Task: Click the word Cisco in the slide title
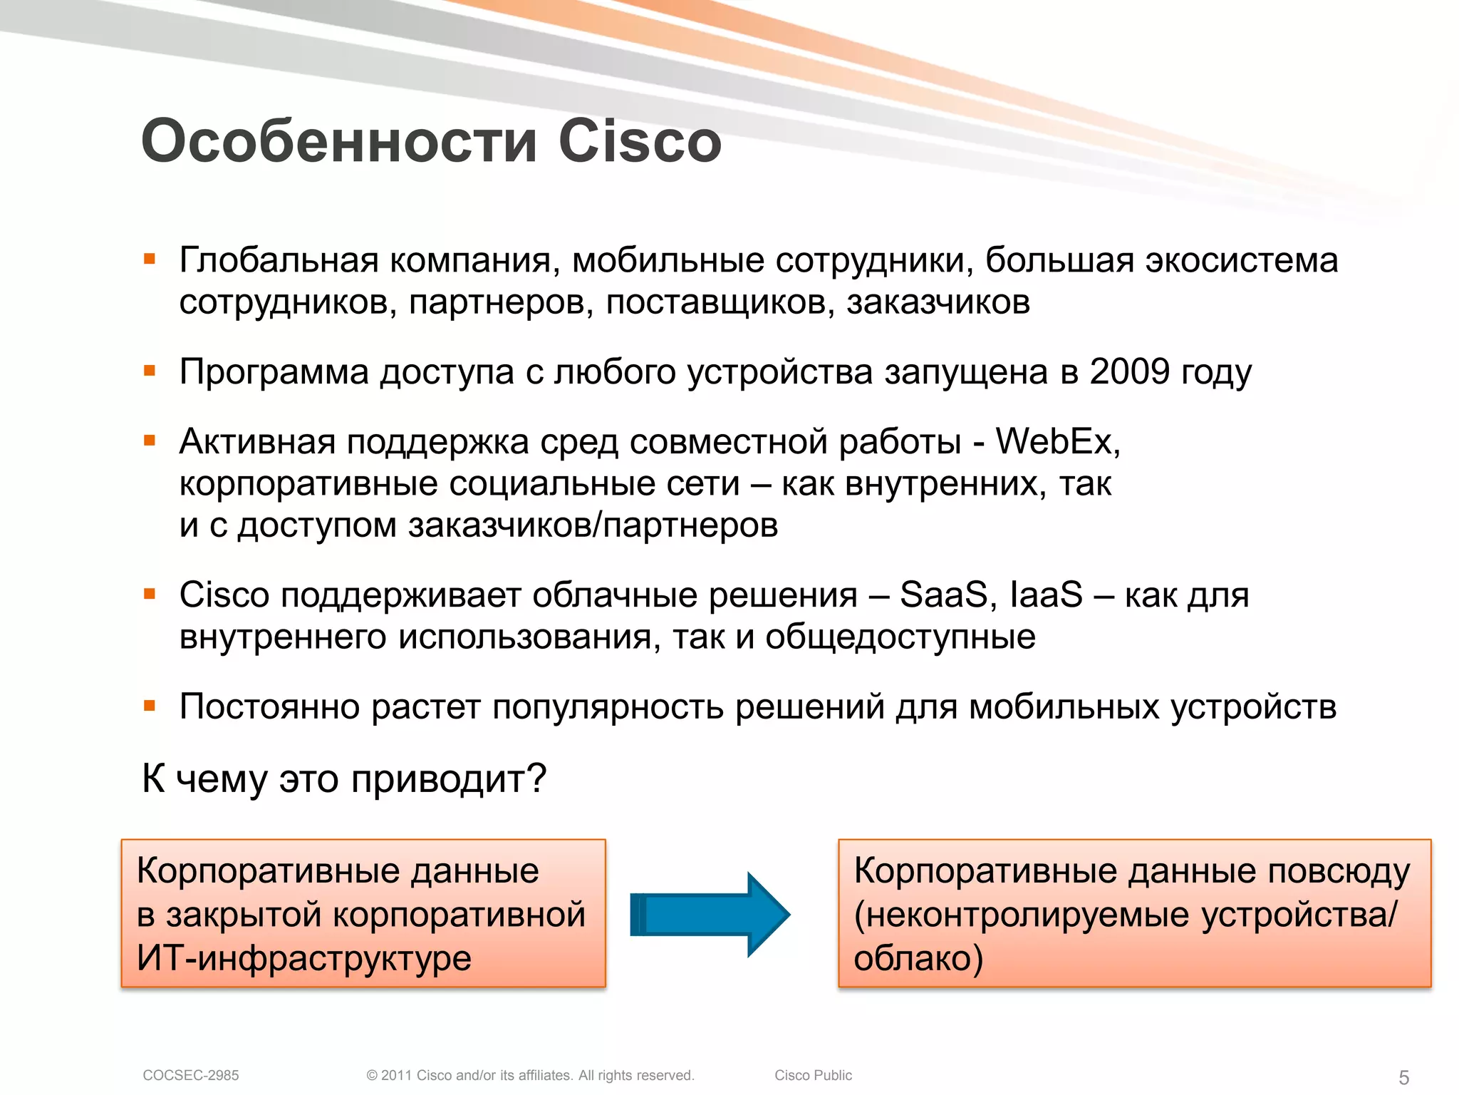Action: (x=639, y=141)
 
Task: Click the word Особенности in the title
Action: (x=339, y=141)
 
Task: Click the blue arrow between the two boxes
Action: (x=710, y=914)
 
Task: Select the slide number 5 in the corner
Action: (x=1403, y=1077)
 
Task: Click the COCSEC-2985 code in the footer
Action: (x=191, y=1075)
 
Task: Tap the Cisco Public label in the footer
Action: (x=813, y=1075)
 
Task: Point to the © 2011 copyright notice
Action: (x=530, y=1075)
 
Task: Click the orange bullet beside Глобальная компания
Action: (x=150, y=259)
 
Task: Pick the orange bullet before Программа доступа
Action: (x=150, y=371)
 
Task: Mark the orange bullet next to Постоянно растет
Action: (x=150, y=706)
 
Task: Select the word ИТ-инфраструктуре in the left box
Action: (x=304, y=957)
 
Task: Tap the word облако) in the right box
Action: (x=918, y=957)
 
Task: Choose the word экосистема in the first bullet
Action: (x=1241, y=259)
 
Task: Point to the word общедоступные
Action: (x=900, y=637)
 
